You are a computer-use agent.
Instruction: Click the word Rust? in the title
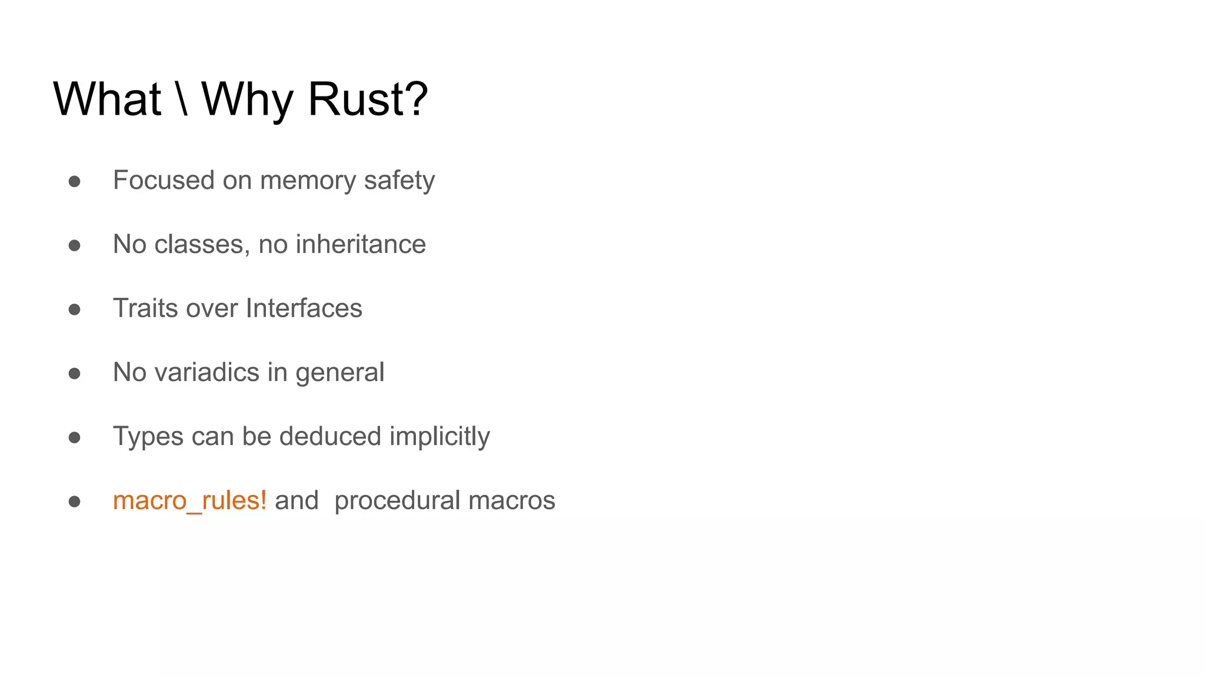[x=368, y=99]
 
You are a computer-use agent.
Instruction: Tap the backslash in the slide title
[x=182, y=99]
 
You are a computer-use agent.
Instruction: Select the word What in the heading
[x=107, y=99]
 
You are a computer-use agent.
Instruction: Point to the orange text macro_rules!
[x=189, y=501]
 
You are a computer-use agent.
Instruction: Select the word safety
[x=399, y=181]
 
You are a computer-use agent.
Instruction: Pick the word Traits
[x=145, y=308]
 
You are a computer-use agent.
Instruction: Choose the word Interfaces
[x=304, y=308]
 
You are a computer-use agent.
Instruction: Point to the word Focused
[x=164, y=180]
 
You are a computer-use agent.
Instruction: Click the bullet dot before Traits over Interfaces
[x=74, y=310]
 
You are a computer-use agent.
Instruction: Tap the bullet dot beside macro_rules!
[x=74, y=501]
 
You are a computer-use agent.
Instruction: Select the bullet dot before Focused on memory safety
[x=74, y=181]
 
